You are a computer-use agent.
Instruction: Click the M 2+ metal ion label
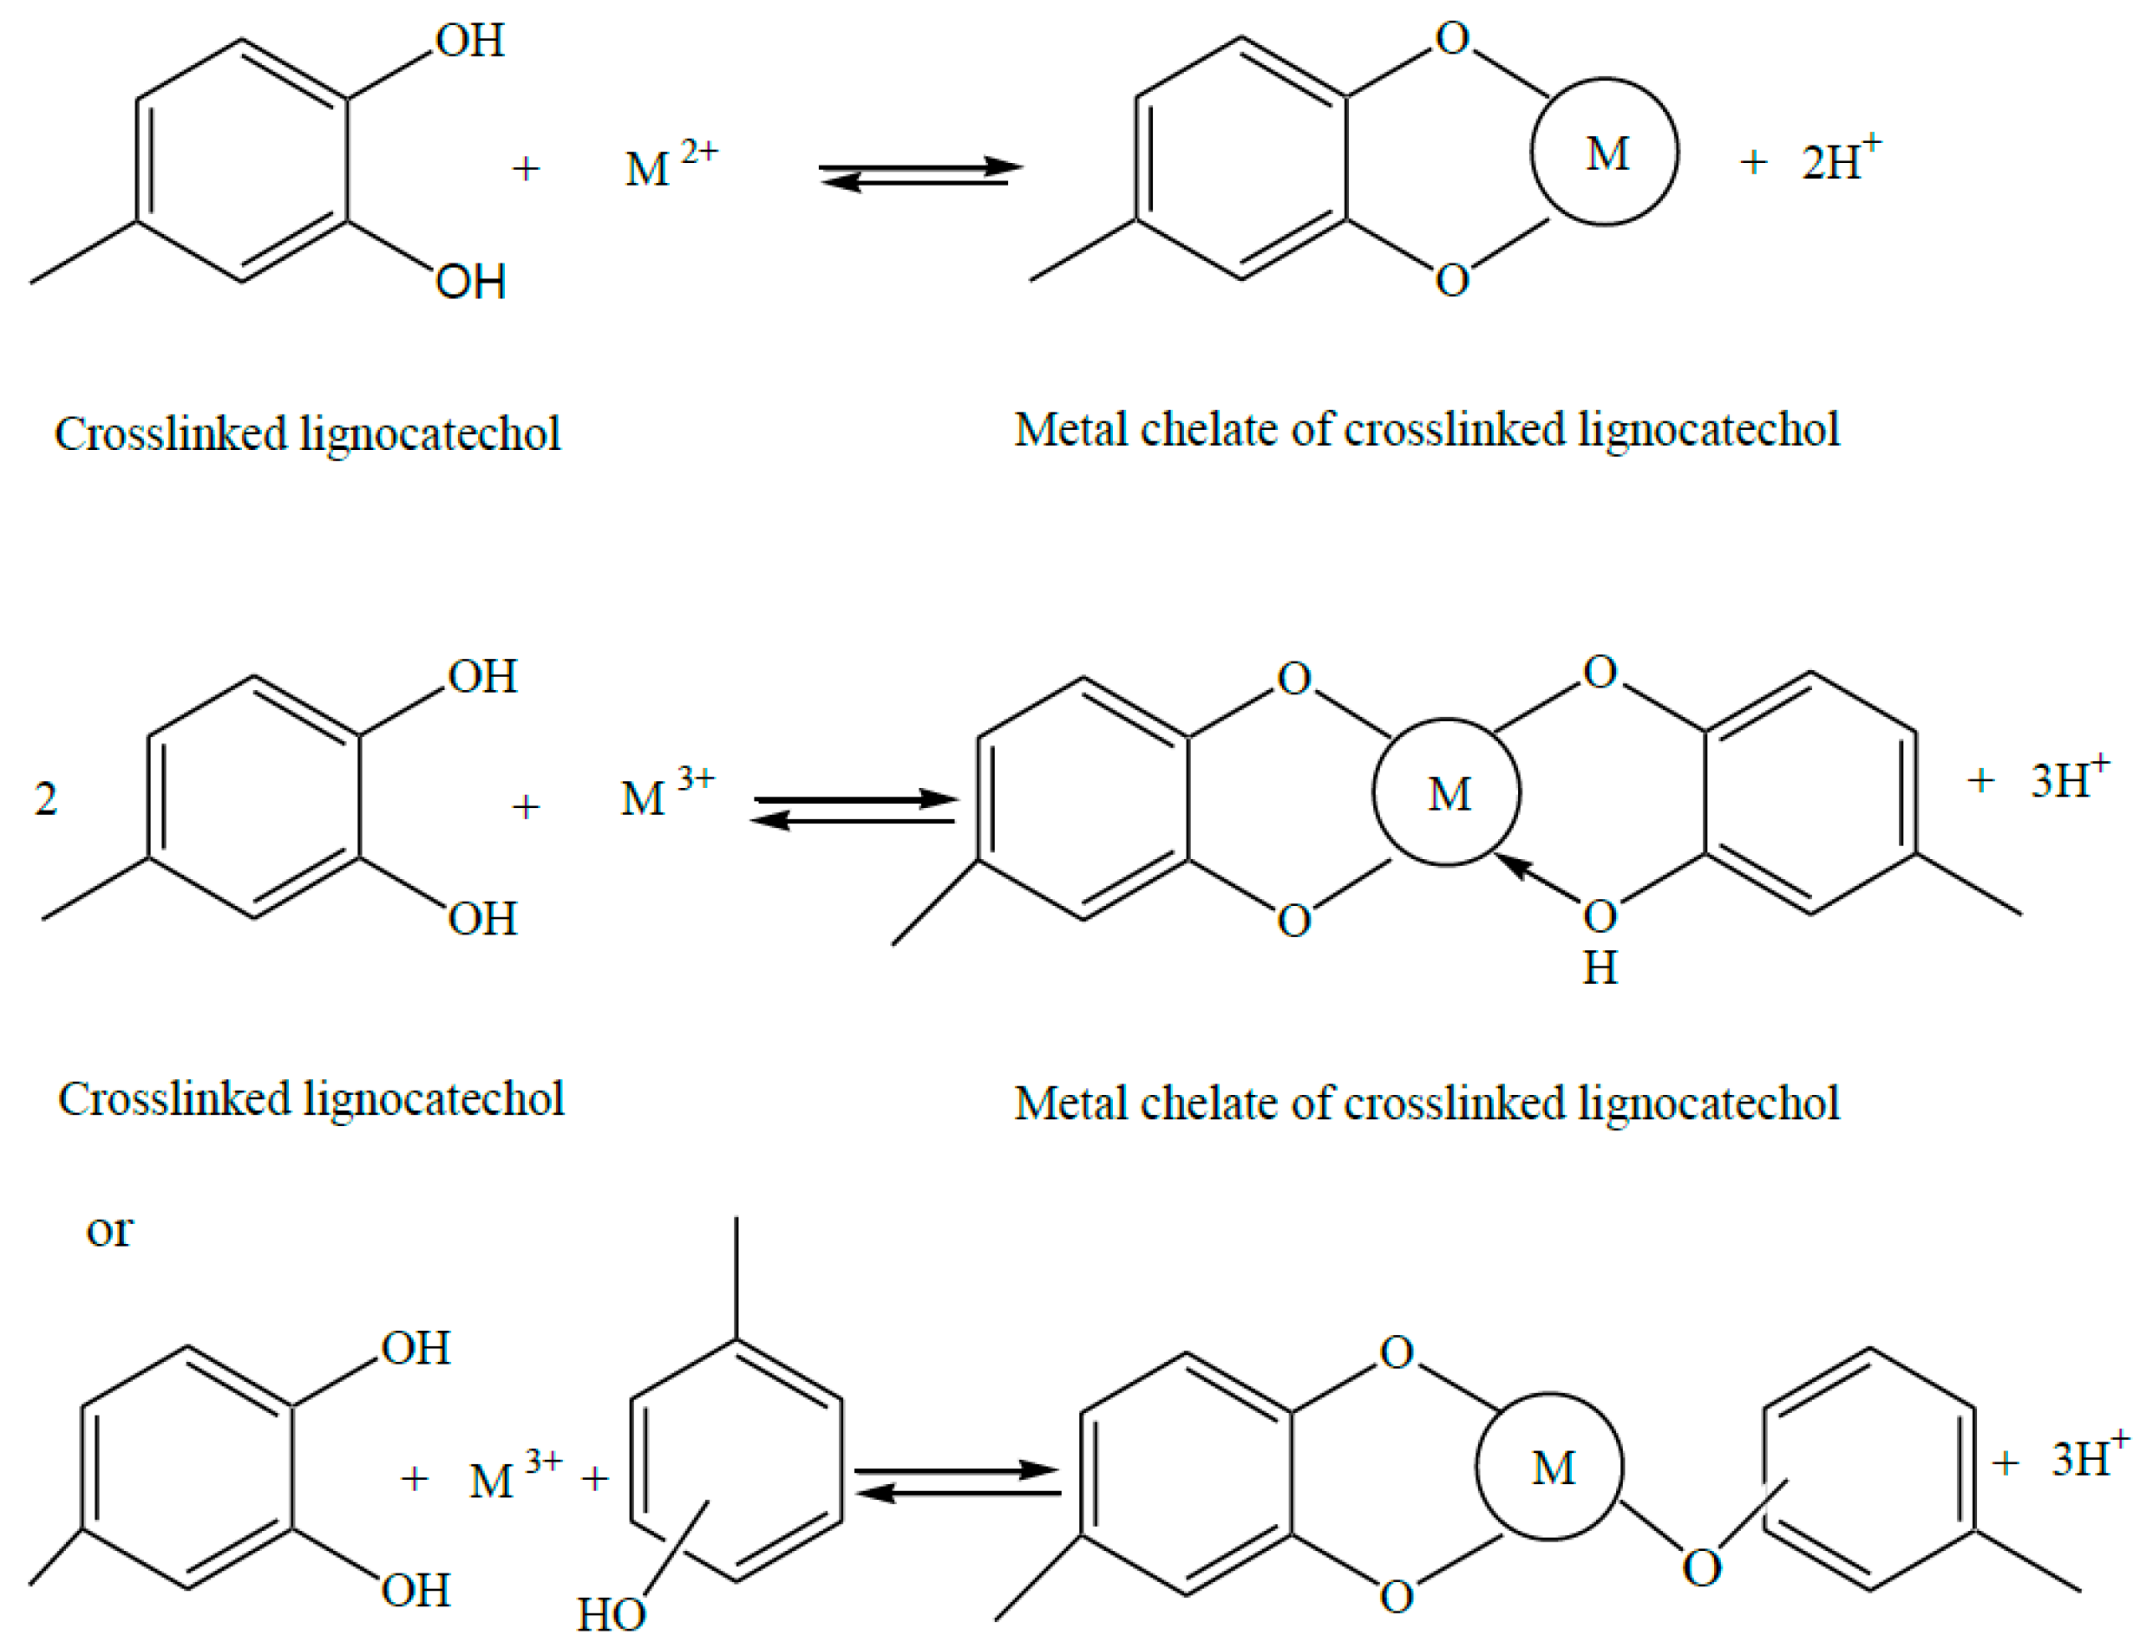pos(670,164)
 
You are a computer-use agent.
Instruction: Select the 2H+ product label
pos(1840,159)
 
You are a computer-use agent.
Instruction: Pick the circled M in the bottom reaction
pos(1550,1468)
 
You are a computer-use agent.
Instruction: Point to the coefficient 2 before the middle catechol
pos(45,798)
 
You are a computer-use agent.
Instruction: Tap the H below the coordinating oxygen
pos(1600,968)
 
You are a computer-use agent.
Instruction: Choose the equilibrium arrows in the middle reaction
pos(854,810)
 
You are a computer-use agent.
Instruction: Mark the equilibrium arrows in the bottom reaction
pos(957,1482)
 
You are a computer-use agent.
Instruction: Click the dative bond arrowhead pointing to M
pos(1515,864)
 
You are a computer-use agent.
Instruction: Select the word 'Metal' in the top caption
pos(1069,430)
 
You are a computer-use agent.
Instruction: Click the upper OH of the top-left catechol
pos(470,42)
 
